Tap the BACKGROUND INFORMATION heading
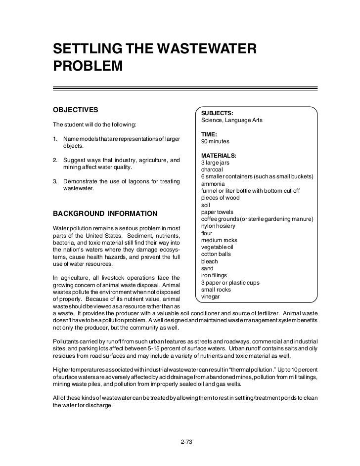[x=105, y=213]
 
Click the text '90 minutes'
[x=216, y=141]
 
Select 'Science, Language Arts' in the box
[x=232, y=120]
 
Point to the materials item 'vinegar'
[x=210, y=297]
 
